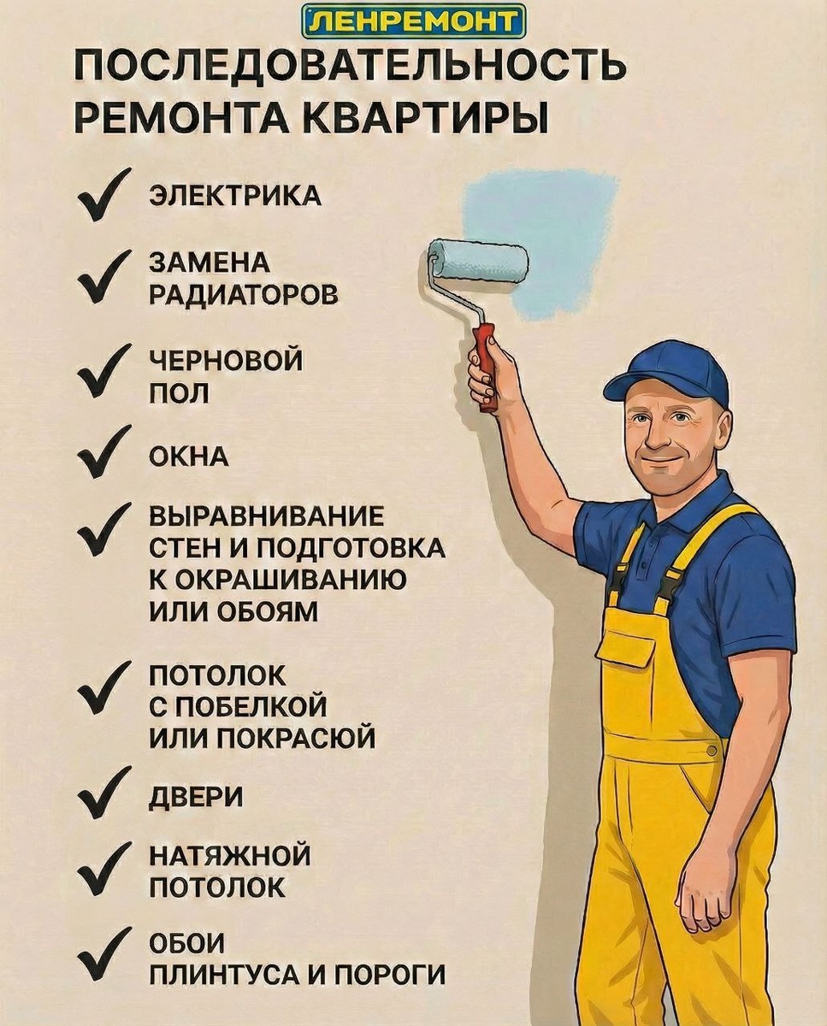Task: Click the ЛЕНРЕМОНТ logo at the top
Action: pos(414,21)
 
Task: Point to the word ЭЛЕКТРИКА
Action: pos(235,197)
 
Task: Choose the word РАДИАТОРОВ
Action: pos(244,295)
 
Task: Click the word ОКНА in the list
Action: pos(189,457)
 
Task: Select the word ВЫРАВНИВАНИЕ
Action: pos(267,516)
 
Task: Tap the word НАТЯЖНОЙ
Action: pos(230,856)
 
